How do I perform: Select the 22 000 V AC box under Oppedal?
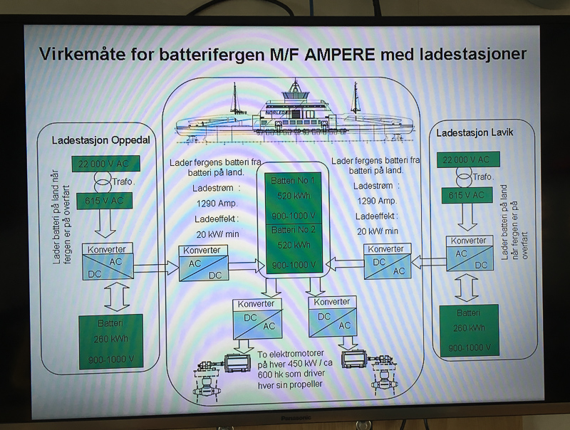click(106, 163)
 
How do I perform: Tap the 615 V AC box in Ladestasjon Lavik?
click(467, 194)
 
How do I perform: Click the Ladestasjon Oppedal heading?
click(100, 140)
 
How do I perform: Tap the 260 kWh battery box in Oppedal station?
click(110, 341)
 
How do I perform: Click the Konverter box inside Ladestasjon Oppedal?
click(110, 259)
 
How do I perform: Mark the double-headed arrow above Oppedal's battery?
click(115, 296)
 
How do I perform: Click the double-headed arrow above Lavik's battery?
click(468, 287)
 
